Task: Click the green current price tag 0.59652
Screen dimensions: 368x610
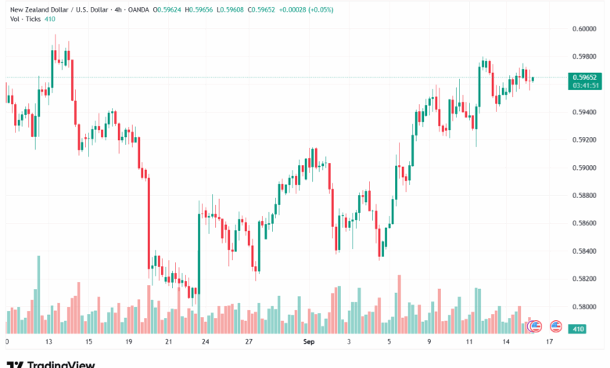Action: [x=584, y=77]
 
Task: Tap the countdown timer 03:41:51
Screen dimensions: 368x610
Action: [x=584, y=86]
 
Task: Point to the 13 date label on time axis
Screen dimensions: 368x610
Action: [x=48, y=342]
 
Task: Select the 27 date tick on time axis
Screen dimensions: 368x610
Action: [x=248, y=342]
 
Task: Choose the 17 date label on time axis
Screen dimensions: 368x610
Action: [x=550, y=342]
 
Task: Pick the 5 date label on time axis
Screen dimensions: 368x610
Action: [x=389, y=342]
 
